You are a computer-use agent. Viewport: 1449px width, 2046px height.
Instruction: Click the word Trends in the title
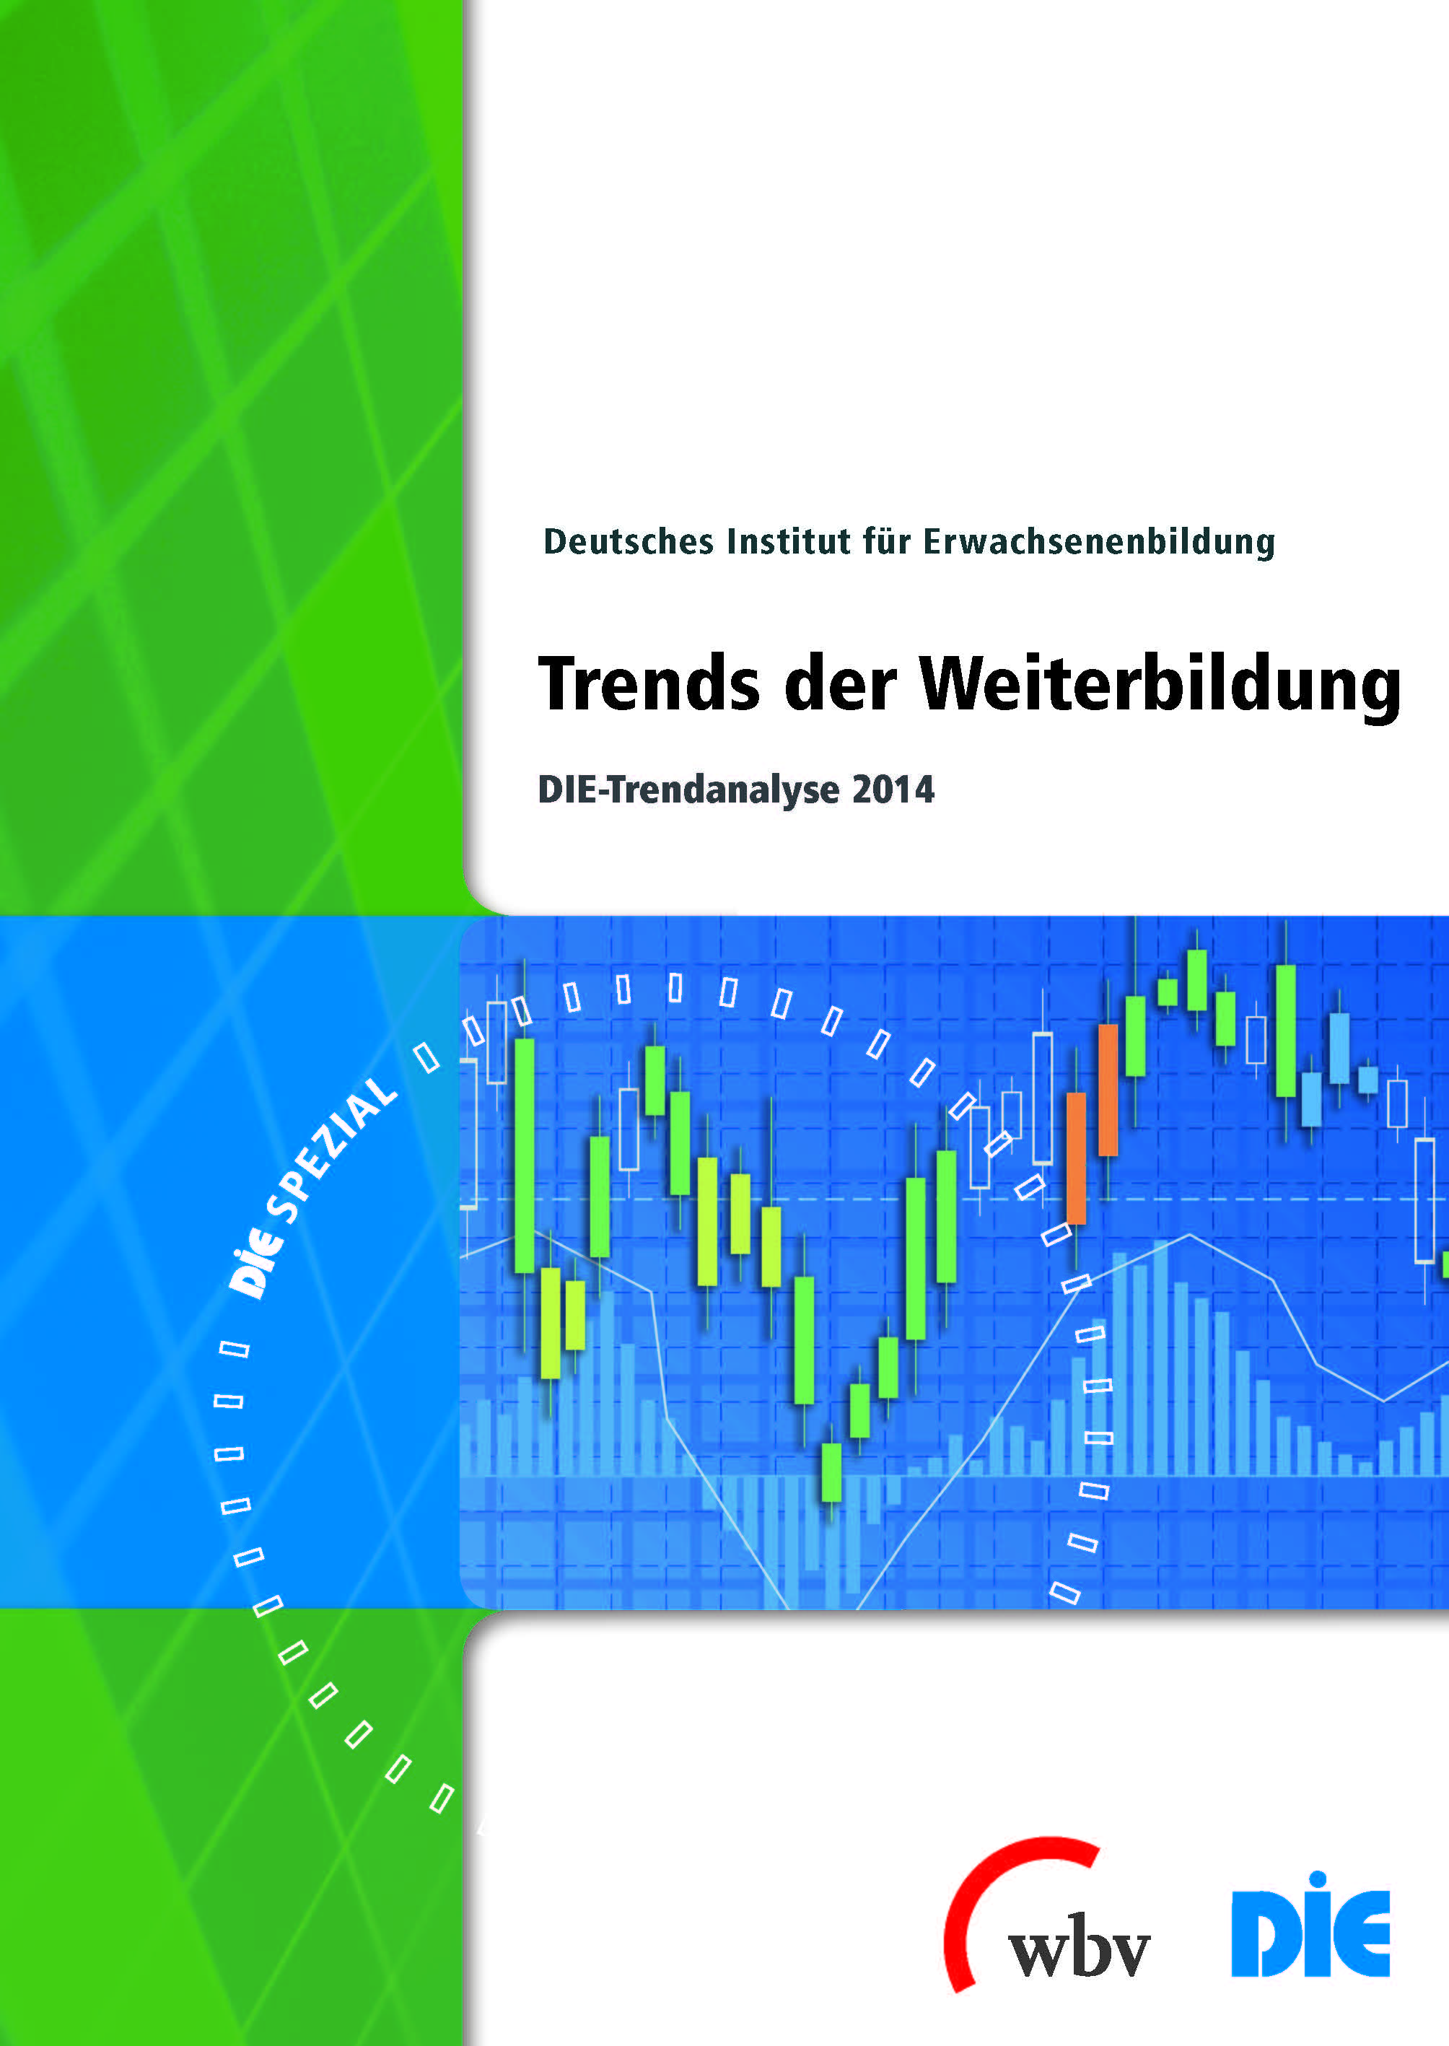(x=649, y=684)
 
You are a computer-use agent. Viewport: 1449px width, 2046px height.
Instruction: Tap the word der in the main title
(x=840, y=684)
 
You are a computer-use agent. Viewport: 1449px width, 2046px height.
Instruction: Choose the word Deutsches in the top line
(x=628, y=541)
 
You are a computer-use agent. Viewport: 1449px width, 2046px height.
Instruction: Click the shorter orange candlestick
(x=1077, y=1158)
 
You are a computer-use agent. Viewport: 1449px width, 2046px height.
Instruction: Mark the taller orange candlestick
(x=1108, y=1090)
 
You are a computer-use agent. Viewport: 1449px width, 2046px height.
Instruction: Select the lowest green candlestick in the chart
(x=831, y=1472)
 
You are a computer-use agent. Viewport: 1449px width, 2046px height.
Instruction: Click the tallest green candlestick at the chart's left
(x=525, y=1155)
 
